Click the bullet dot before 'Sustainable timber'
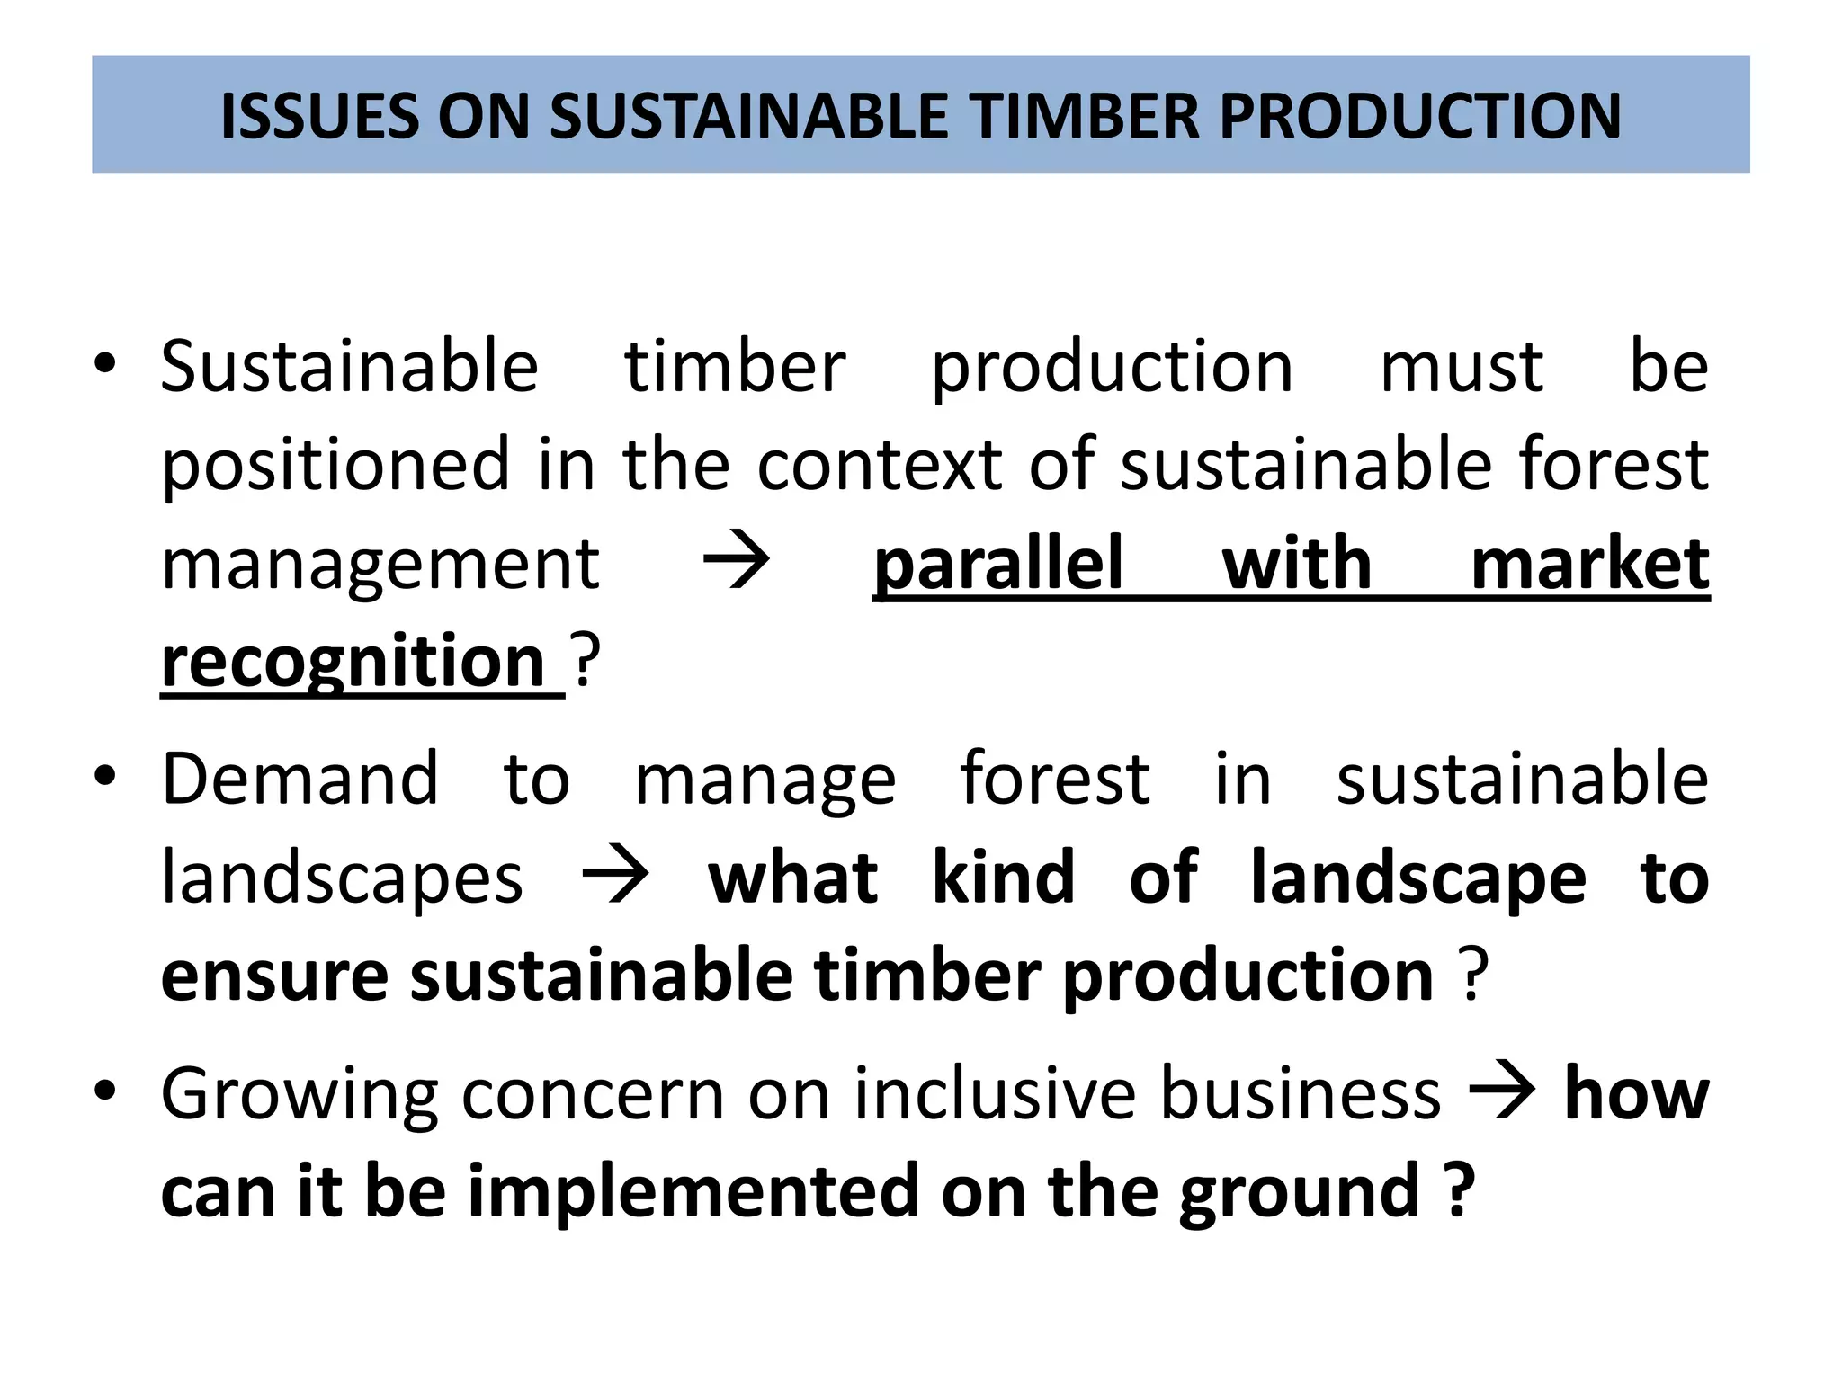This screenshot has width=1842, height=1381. click(x=105, y=364)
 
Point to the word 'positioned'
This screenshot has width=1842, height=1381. click(x=335, y=466)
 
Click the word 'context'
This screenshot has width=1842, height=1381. click(x=879, y=466)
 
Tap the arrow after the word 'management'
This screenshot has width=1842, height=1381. click(x=737, y=562)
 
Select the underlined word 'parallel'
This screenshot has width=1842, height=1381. click(x=998, y=565)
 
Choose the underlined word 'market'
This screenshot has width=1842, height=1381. click(x=1589, y=565)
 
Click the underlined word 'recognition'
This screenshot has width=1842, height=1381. click(x=353, y=664)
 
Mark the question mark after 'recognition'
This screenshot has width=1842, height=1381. click(x=586, y=661)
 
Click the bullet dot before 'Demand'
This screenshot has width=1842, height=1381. click(x=105, y=776)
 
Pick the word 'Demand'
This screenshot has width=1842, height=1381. click(x=300, y=779)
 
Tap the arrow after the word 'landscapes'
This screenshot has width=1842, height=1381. click(x=616, y=875)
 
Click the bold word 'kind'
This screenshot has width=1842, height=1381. click(x=1003, y=877)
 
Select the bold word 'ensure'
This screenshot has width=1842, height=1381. click(x=274, y=976)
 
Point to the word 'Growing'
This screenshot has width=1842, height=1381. click(x=300, y=1095)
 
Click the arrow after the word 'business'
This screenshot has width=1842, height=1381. click(x=1501, y=1091)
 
